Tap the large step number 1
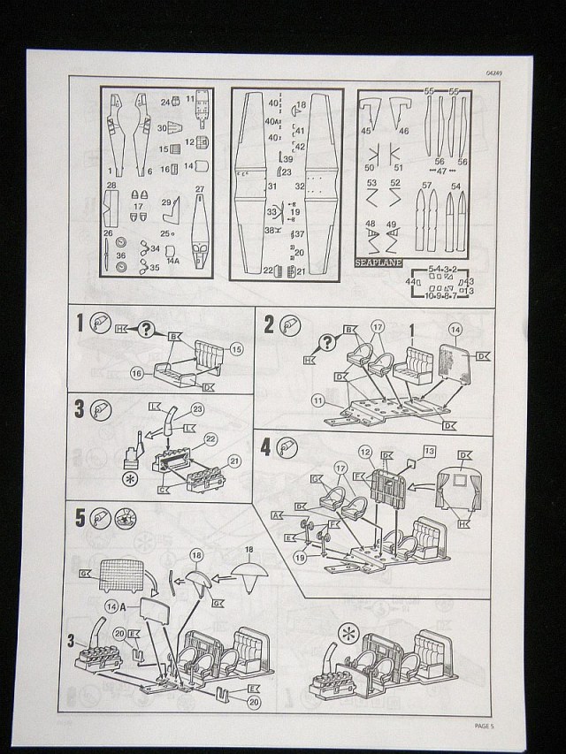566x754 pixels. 80,324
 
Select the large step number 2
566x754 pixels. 269,324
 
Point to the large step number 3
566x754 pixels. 80,410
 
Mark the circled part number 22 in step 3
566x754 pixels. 210,438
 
